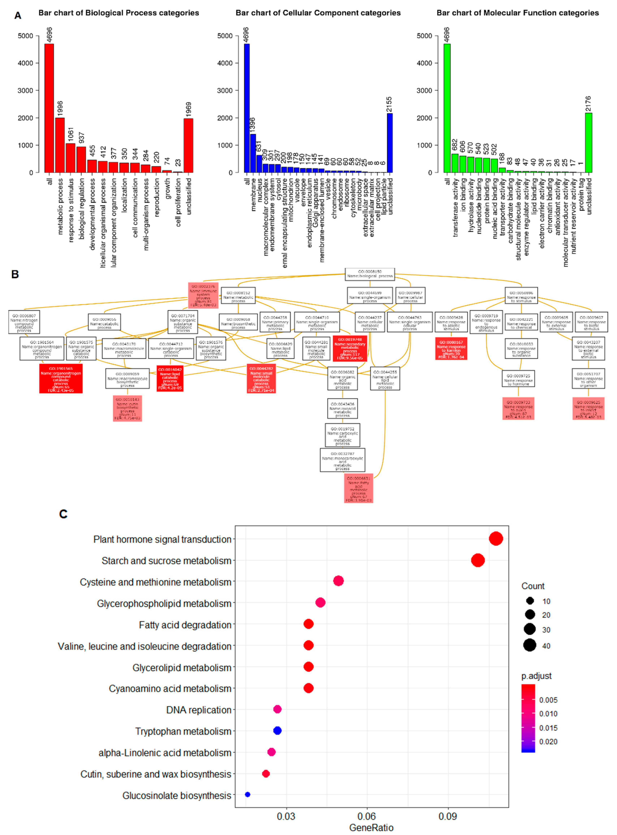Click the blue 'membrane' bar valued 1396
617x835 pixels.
click(253, 153)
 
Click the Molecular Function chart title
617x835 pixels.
click(517, 13)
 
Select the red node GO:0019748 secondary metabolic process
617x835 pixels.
click(350, 348)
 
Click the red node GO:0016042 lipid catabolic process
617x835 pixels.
click(170, 378)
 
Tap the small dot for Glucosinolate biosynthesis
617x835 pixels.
click(247, 794)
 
